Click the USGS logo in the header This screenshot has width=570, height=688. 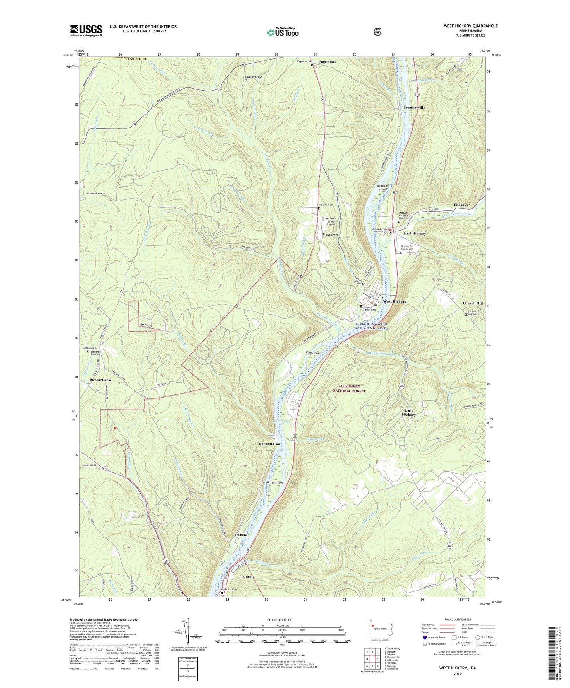point(86,30)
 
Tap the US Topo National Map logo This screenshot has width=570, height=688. point(282,32)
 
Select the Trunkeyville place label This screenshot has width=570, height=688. point(414,108)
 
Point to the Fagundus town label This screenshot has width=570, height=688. point(327,62)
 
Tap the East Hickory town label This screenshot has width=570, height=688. point(415,234)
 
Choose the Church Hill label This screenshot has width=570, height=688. point(473,303)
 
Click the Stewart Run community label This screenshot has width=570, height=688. point(100,380)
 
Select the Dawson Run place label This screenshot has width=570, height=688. point(269,444)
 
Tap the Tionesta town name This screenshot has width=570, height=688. point(247,576)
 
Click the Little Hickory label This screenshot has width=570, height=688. point(409,413)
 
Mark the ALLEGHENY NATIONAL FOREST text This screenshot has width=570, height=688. point(352,389)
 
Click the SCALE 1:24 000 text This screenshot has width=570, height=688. point(280,620)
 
